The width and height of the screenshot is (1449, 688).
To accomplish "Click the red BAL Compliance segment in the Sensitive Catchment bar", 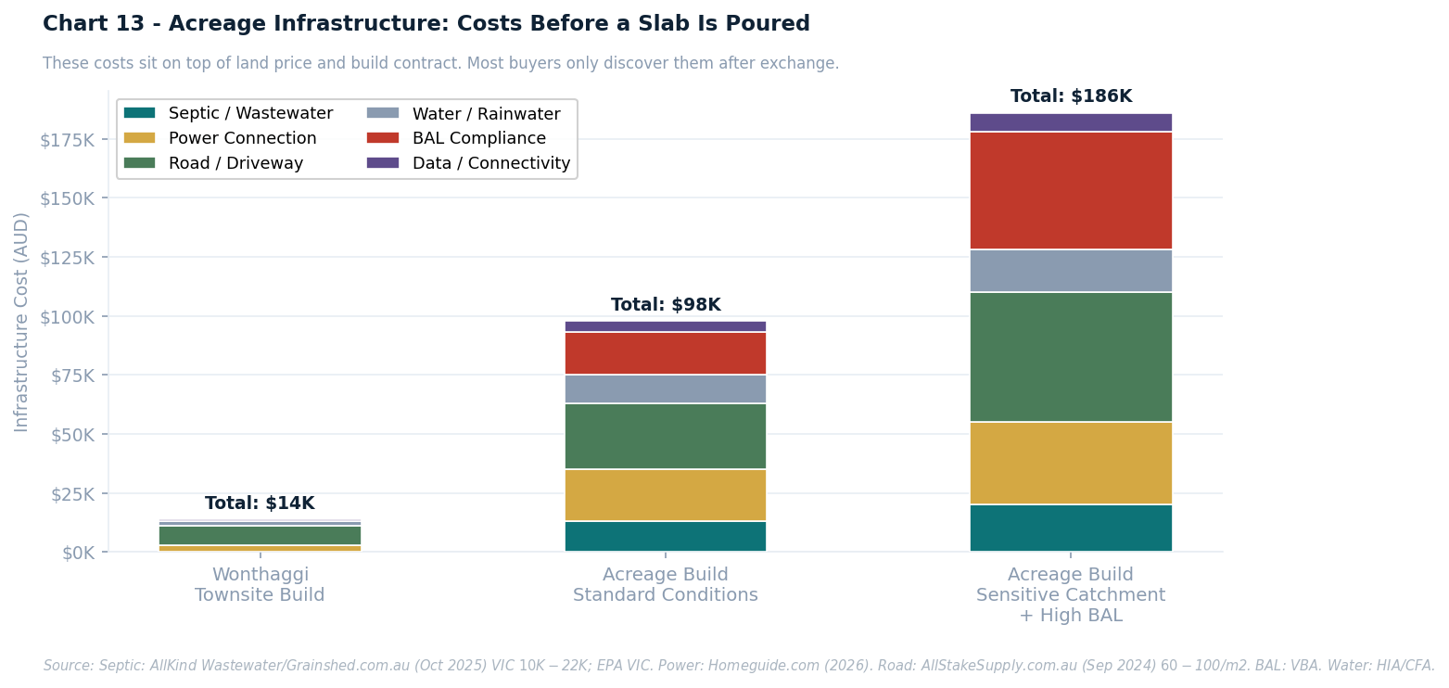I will (1071, 190).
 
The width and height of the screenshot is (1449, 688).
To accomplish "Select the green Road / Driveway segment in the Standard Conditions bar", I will (665, 436).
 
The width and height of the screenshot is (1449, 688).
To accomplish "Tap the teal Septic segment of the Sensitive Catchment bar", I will (1071, 528).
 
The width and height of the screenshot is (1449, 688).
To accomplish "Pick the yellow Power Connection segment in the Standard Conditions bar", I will (665, 495).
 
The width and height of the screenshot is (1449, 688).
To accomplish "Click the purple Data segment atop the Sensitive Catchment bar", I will (1071, 122).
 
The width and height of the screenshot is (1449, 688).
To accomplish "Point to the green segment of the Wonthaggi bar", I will (260, 535).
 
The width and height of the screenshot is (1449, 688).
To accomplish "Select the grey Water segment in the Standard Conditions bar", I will (665, 389).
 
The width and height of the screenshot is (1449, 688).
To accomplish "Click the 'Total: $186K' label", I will (1071, 96).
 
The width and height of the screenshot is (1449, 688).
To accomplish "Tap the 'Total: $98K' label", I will (665, 305).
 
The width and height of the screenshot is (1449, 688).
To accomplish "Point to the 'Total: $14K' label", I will (260, 503).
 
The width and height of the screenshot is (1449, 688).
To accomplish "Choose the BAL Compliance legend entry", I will (478, 138).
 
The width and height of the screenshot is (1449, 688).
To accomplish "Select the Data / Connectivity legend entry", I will (490, 163).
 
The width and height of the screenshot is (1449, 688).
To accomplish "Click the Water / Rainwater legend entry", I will (486, 114).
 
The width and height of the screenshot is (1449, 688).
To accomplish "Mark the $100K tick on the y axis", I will (67, 317).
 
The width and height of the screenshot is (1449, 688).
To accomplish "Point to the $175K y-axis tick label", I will (67, 140).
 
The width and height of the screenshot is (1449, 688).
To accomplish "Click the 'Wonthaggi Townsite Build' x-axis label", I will (260, 585).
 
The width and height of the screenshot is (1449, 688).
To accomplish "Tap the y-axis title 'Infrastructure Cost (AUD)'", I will (22, 322).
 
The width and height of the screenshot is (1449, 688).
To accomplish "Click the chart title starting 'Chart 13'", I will (426, 24).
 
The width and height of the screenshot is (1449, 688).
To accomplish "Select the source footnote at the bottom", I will (738, 666).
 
